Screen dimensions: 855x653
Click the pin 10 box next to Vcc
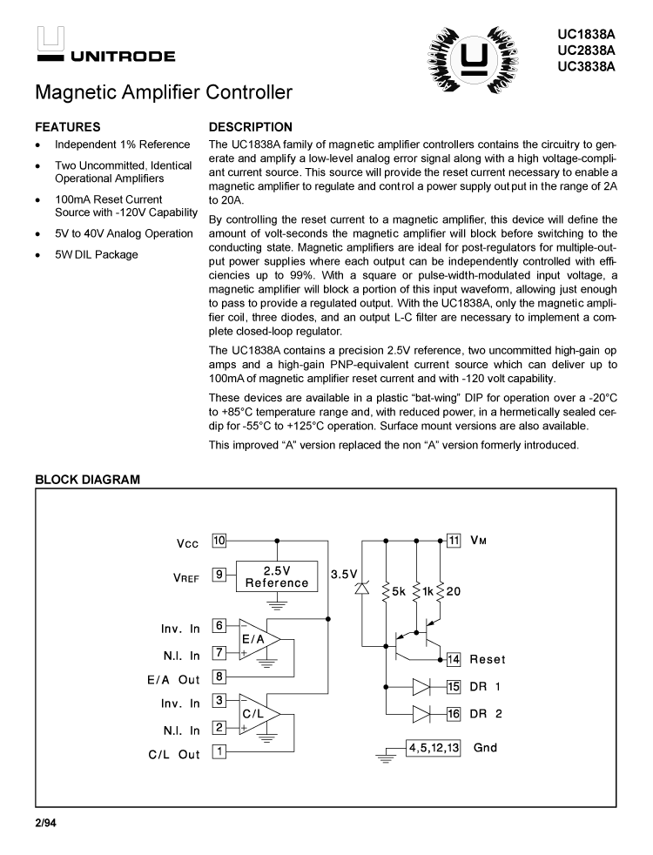[x=219, y=541]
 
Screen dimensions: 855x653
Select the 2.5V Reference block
[x=277, y=576]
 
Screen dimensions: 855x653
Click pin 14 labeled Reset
[x=454, y=659]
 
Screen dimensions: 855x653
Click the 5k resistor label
[x=398, y=591]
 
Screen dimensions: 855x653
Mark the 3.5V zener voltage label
[x=344, y=575]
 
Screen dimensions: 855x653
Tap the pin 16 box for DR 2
[x=454, y=714]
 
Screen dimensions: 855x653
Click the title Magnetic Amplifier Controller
[x=164, y=92]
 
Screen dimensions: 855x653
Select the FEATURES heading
[x=67, y=127]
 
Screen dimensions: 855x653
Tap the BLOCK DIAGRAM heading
[x=86, y=480]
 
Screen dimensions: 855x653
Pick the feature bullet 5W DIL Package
[x=96, y=255]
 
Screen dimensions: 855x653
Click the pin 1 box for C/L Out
[x=219, y=751]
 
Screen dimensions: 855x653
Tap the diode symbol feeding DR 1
[x=421, y=687]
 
